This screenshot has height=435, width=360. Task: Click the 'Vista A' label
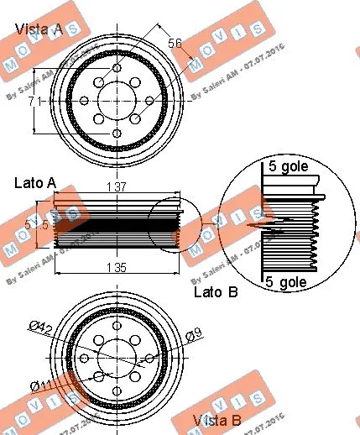tap(39, 29)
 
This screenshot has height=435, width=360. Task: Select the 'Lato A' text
tap(34, 181)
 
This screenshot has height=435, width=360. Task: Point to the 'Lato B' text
tap(216, 291)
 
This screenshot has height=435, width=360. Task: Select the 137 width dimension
tap(117, 187)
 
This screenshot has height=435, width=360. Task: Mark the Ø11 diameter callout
tap(39, 385)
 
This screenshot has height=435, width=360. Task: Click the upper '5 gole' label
tap(288, 166)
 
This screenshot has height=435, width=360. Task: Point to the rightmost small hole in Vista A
tap(149, 102)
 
